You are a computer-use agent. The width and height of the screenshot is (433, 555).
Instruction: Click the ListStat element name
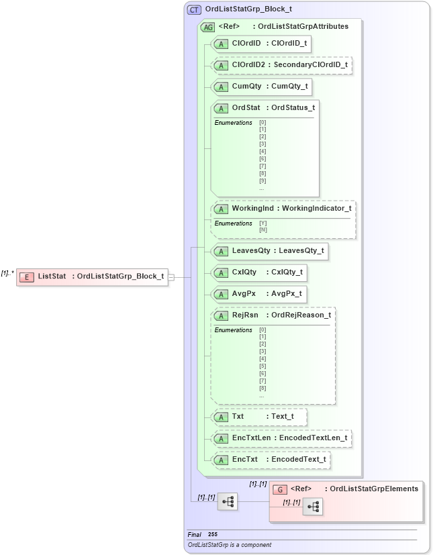[x=52, y=276]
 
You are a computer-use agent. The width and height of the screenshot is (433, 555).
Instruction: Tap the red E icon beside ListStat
[x=27, y=276]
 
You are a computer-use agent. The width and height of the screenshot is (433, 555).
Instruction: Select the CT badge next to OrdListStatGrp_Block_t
[x=194, y=10]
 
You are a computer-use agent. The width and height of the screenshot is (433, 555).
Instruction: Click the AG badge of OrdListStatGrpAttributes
[x=207, y=27]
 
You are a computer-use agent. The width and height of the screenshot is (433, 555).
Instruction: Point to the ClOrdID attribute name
[x=246, y=44]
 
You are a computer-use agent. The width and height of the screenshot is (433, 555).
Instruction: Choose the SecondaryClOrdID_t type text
[x=309, y=65]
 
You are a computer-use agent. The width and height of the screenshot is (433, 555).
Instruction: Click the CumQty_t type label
[x=289, y=87]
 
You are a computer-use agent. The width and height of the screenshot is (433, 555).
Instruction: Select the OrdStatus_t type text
[x=293, y=108]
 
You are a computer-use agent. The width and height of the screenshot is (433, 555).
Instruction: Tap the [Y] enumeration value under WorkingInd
[x=262, y=223]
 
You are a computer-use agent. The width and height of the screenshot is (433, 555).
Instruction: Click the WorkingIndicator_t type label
[x=316, y=209]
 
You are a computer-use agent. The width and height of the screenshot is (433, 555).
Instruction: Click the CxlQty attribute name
[x=244, y=272]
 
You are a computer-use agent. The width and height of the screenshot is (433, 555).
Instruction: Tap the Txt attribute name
[x=238, y=417]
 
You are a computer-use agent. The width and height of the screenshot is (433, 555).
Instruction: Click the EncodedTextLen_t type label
[x=313, y=438]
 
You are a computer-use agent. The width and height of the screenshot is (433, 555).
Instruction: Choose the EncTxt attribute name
[x=244, y=460]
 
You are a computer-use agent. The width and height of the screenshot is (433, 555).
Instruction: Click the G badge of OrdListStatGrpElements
[x=281, y=489]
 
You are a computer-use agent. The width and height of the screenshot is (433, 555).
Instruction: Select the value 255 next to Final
[x=212, y=534]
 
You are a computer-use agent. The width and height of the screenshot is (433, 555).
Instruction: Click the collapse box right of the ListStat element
[x=172, y=276]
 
